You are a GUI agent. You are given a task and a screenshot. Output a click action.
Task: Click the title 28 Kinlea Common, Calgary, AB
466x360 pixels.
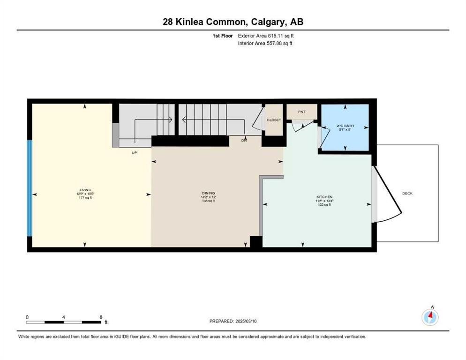coord(233,22)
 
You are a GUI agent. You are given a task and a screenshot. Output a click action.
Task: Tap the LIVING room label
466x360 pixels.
coord(85,189)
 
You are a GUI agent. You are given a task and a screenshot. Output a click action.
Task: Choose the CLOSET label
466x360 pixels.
coord(274,120)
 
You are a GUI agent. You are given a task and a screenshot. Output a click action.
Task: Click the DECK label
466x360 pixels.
coord(407,193)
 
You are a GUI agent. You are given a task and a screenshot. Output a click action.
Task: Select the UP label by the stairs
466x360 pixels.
coord(134,152)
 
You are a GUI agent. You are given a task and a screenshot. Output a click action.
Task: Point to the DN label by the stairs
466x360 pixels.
coord(244,141)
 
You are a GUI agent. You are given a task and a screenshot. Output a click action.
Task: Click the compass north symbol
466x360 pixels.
coord(430,317)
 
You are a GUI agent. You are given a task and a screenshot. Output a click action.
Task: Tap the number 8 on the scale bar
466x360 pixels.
coord(101,317)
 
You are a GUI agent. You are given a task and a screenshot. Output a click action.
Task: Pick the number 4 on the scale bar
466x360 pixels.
coord(63,317)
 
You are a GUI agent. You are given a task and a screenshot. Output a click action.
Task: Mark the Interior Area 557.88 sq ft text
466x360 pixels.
coord(265,44)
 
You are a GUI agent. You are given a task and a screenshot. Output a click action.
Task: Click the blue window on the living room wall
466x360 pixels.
coord(30,188)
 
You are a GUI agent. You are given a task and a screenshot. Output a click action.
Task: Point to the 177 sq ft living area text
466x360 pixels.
coord(85,198)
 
